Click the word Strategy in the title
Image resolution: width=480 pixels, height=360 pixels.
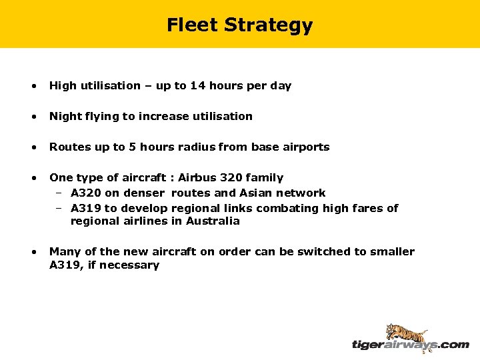click(268, 25)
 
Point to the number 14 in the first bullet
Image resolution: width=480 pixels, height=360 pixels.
click(198, 85)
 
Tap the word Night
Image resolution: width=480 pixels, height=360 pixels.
click(65, 116)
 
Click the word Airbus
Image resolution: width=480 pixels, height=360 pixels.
click(198, 177)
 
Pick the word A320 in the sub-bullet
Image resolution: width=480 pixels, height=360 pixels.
click(85, 193)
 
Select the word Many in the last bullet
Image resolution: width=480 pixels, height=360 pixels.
click(65, 251)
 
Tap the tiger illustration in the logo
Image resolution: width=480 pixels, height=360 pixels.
click(407, 333)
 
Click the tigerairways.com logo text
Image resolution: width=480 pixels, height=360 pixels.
click(410, 345)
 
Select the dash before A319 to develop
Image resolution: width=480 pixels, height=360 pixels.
click(59, 208)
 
